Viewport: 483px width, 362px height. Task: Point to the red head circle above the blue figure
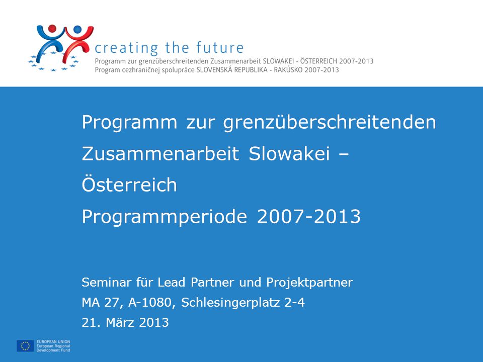pyautogui.click(x=52, y=29)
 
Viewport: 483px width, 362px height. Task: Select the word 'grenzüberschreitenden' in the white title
pyautogui.click(x=329, y=123)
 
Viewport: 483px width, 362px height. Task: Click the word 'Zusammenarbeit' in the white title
pyautogui.click(x=160, y=153)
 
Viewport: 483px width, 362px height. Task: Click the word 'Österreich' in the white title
pyautogui.click(x=129, y=184)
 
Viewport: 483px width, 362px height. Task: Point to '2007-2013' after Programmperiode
pyautogui.click(x=308, y=216)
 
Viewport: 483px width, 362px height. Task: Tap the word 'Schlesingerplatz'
pyautogui.click(x=231, y=303)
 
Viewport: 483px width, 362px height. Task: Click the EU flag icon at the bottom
pyautogui.click(x=25, y=346)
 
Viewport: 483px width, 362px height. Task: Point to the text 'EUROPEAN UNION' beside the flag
pyautogui.click(x=53, y=342)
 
